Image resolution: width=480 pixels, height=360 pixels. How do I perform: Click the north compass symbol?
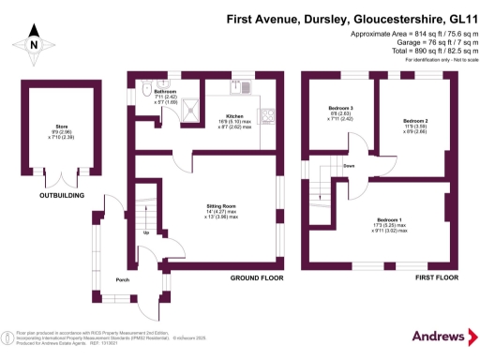[32, 41]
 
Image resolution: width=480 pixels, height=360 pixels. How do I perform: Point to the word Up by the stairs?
[145, 232]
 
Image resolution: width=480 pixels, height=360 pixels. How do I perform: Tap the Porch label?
[122, 280]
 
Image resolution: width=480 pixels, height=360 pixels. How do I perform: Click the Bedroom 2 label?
[415, 122]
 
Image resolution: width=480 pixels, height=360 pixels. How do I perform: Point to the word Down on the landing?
[348, 166]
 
